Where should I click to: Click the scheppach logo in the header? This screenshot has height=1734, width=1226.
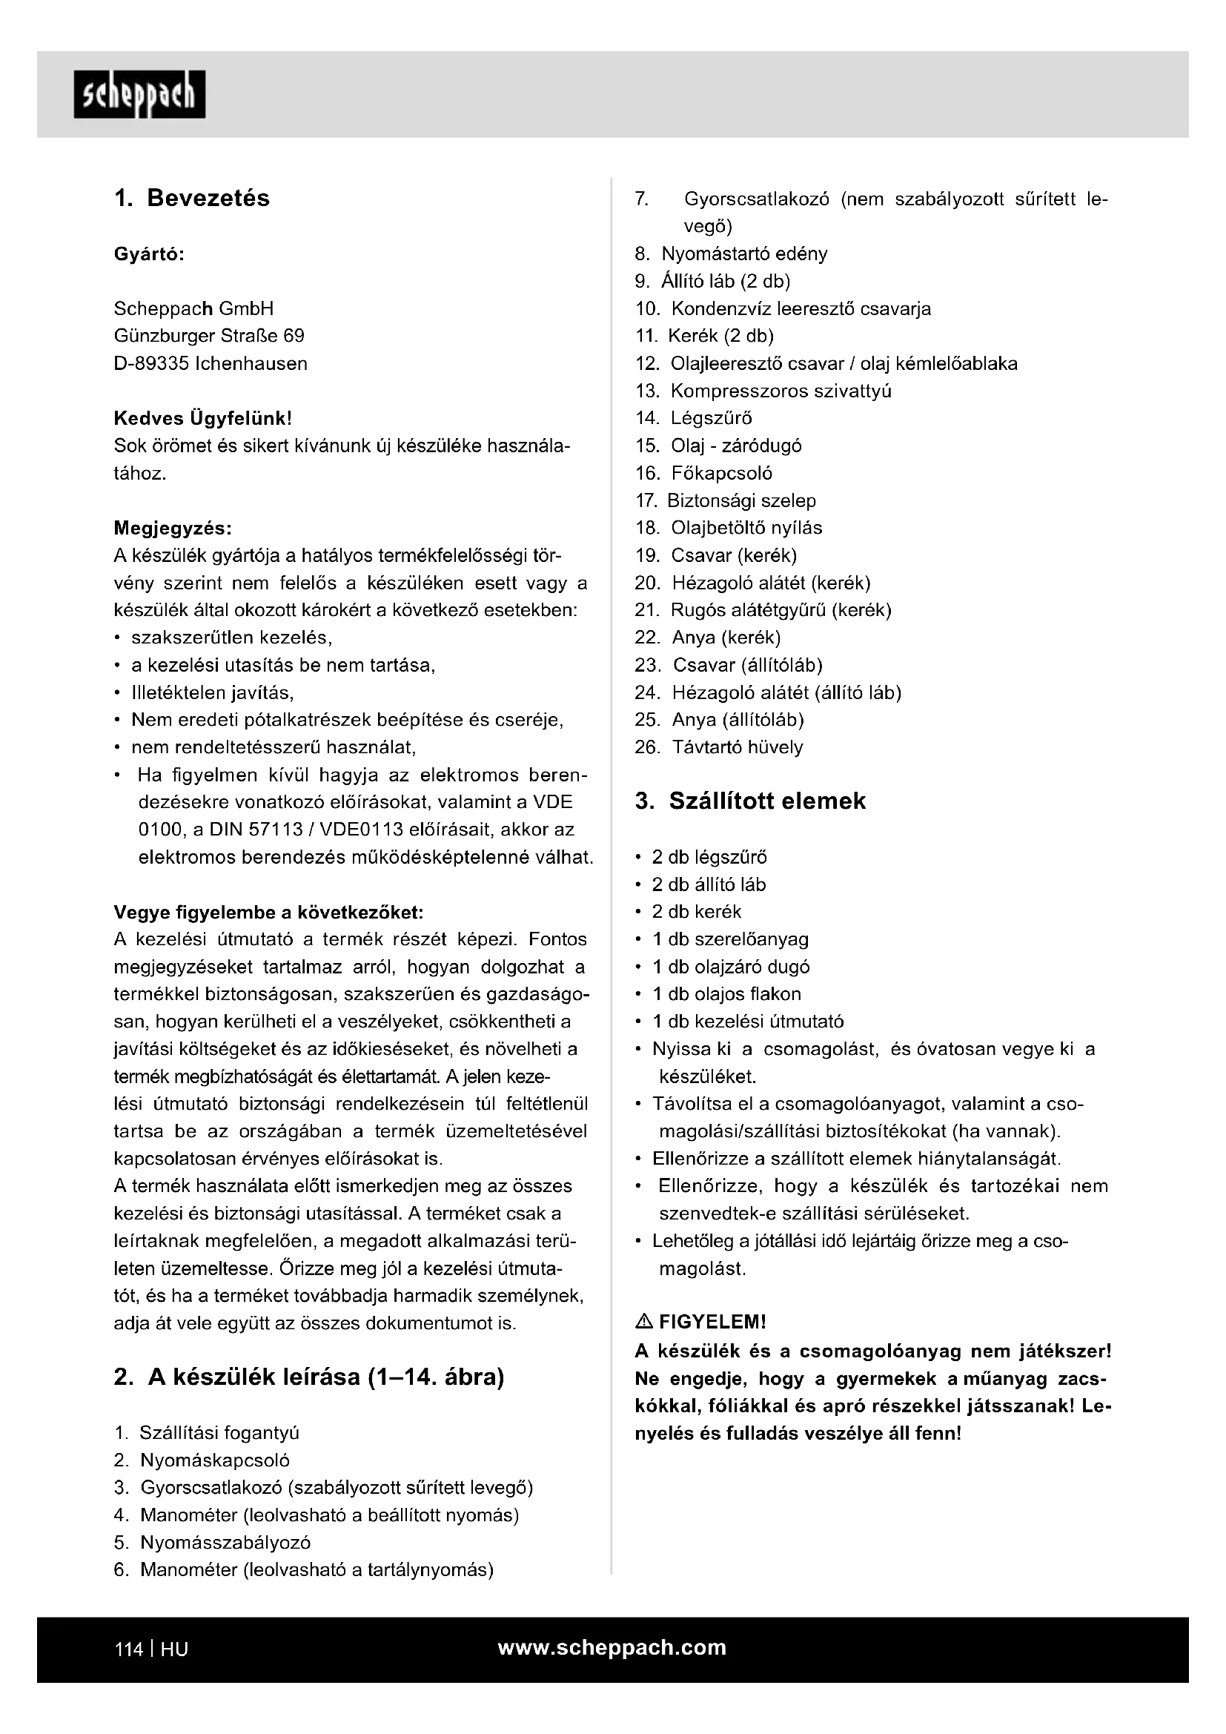(x=139, y=94)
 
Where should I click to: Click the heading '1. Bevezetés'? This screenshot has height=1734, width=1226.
(x=192, y=198)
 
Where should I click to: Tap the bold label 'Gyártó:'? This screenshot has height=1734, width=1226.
(x=150, y=254)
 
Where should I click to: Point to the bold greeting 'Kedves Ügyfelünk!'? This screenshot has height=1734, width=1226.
(x=202, y=417)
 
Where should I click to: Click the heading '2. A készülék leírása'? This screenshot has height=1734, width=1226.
(x=309, y=1377)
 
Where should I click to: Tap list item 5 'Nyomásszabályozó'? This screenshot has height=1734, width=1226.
(x=225, y=1542)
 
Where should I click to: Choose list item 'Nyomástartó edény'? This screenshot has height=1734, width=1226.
(x=743, y=254)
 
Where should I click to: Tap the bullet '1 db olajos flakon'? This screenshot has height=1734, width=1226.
(x=726, y=994)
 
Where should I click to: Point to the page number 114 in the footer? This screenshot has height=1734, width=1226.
(x=128, y=1649)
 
